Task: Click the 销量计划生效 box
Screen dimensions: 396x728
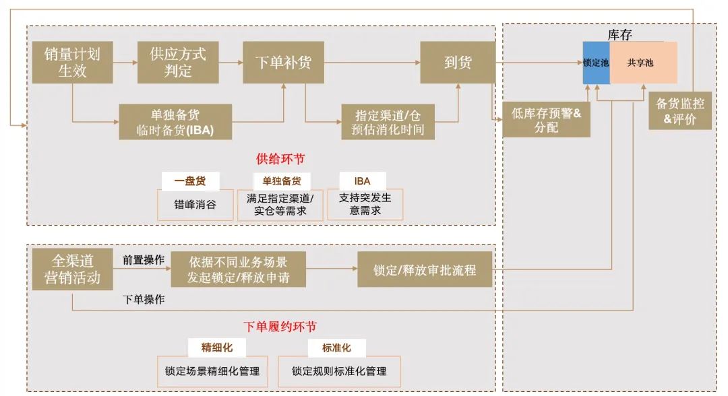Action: pos(72,62)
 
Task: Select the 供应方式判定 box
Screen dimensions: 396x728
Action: pos(178,62)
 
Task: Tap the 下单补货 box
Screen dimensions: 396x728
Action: pos(283,63)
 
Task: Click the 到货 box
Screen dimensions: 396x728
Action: pos(458,63)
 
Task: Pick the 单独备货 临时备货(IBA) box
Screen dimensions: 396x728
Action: pos(175,122)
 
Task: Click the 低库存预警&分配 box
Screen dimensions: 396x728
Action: pos(546,121)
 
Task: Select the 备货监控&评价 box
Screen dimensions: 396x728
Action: pos(680,112)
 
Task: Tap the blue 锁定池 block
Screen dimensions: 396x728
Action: pos(596,63)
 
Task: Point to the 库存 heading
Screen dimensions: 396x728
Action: pos(619,35)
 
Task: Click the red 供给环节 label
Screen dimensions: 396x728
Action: pos(280,159)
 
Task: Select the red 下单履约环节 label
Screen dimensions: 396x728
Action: pos(280,327)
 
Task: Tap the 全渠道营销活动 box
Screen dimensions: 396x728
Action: pos(72,268)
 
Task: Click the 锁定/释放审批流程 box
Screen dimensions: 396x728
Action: pos(425,269)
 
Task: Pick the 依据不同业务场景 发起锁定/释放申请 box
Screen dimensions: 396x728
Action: pos(238,269)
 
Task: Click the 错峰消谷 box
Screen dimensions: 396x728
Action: pos(195,204)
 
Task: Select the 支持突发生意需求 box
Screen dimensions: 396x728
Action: pos(365,204)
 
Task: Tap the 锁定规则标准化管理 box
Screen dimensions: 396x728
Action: pos(339,371)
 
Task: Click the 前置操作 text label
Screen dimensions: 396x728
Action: pos(143,260)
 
